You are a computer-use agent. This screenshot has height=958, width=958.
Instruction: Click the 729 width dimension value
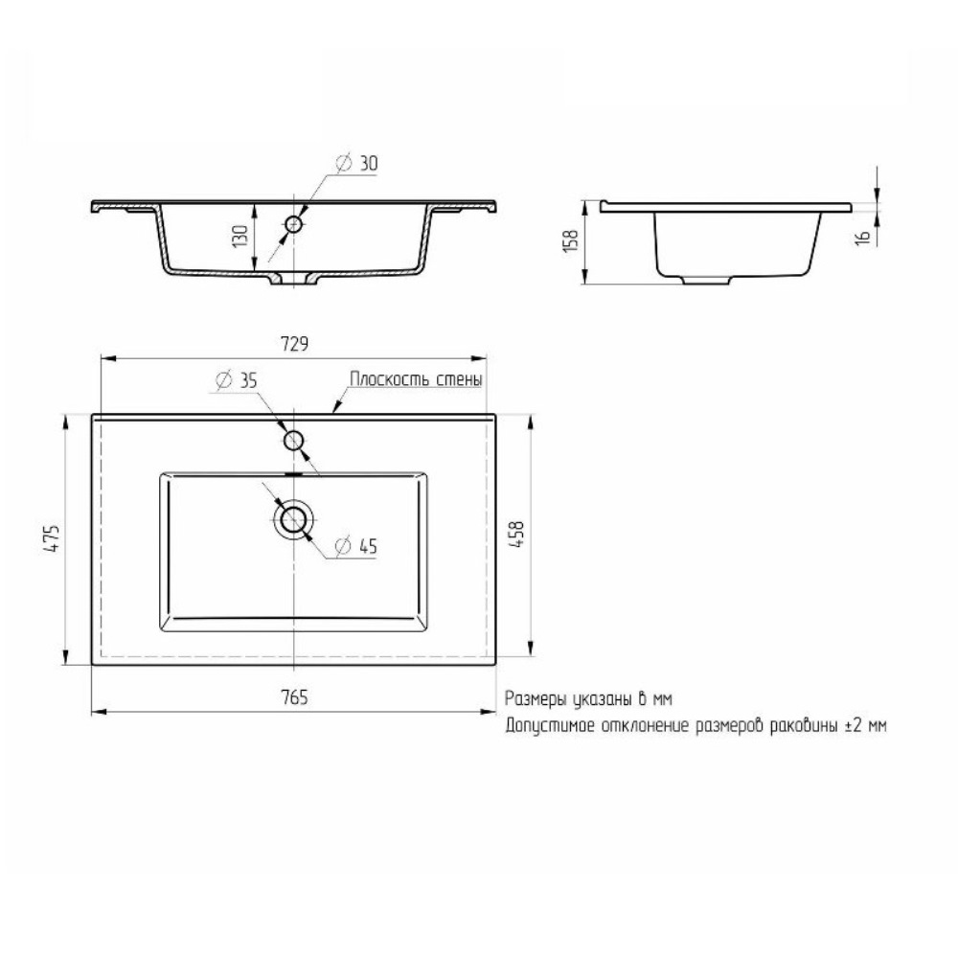(294, 345)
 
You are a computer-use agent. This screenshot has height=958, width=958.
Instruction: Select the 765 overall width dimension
(294, 697)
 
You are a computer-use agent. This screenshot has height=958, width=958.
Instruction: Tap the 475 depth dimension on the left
(53, 538)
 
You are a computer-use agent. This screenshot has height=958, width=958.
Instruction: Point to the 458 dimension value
(516, 534)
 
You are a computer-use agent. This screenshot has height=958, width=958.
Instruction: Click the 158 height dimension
(569, 240)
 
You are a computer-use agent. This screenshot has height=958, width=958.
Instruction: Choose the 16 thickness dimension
(863, 238)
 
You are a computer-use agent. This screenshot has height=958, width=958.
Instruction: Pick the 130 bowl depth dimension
(240, 236)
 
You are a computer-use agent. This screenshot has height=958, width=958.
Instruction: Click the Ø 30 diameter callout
(356, 163)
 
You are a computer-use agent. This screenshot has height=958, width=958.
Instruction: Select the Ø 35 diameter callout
(237, 380)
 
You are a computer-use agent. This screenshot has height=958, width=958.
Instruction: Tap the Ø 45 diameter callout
(356, 546)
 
